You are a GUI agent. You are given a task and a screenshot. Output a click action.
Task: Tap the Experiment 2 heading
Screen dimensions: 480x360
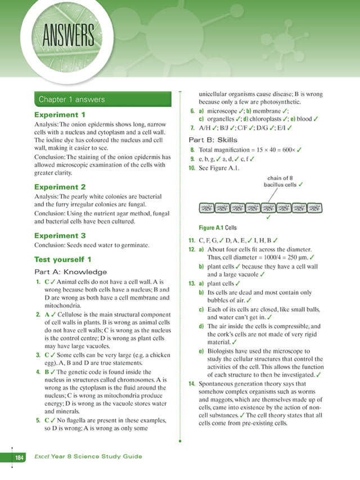tap(60, 186)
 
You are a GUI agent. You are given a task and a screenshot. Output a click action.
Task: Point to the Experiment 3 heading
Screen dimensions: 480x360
tap(60, 236)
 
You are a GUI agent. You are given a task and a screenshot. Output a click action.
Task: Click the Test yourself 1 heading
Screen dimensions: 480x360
tap(63, 259)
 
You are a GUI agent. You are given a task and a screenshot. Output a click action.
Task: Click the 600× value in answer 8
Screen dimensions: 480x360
tap(283, 150)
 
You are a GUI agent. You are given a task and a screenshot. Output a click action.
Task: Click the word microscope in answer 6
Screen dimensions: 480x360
tap(223, 111)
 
